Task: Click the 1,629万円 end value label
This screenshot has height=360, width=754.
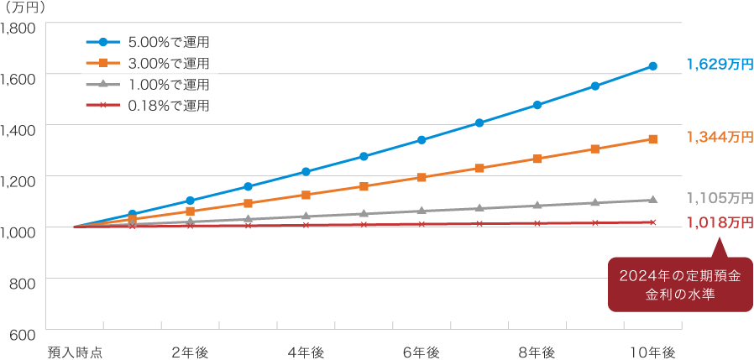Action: point(719,65)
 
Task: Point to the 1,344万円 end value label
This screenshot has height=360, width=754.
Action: point(719,137)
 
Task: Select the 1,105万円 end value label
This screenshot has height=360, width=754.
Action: point(719,198)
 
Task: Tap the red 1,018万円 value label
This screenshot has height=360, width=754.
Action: point(719,222)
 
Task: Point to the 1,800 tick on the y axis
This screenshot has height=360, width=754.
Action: point(18,28)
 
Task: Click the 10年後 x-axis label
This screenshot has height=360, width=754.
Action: point(652,351)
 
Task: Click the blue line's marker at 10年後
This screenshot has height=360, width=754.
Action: point(652,65)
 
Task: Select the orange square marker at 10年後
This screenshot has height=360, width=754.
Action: point(652,138)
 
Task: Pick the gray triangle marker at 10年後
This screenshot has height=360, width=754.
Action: point(652,200)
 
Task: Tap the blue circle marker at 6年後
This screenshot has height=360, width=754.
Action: point(422,139)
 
